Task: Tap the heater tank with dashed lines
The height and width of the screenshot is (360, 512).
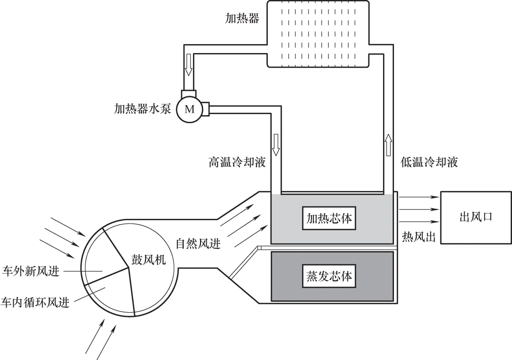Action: pos(318,34)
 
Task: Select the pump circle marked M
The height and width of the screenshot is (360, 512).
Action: pos(189,109)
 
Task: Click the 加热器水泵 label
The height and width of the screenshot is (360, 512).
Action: pos(142,109)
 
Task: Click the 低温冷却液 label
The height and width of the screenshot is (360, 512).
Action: pos(430,162)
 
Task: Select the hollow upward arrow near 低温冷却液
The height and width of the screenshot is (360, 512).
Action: pos(388,145)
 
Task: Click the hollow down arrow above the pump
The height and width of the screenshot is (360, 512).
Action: pos(189,65)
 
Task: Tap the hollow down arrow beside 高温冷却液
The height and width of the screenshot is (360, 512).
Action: pos(276,145)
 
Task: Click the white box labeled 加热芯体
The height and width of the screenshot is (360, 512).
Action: pos(329,218)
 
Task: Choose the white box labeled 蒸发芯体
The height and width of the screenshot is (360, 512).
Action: pos(329,276)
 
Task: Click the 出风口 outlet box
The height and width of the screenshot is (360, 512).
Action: pos(476,217)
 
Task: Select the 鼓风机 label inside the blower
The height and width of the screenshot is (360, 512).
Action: pos(148,259)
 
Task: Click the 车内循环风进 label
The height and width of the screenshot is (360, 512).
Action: pos(35,302)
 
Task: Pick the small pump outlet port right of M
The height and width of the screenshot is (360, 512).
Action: pos(205,109)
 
